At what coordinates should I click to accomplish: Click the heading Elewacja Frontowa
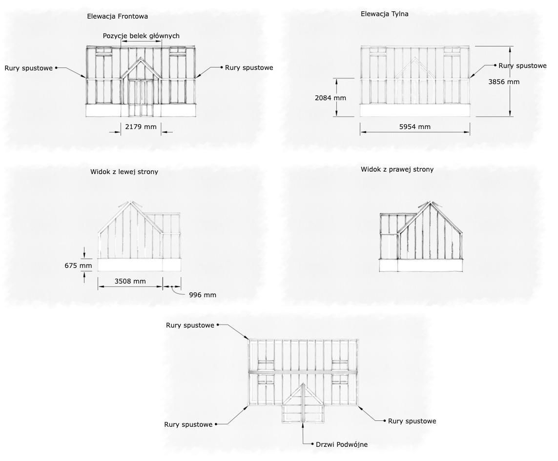tap(117, 16)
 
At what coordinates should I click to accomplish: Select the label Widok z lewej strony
tap(124, 172)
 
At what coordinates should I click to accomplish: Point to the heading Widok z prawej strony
tap(397, 170)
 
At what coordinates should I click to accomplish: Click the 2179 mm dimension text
tap(141, 127)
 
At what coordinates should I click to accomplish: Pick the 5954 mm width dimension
tap(414, 127)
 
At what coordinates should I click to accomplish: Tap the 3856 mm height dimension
tap(504, 82)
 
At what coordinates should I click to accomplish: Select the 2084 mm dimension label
tap(331, 98)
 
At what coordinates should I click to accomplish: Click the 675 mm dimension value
tap(78, 266)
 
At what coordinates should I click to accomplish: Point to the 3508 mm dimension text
tap(130, 281)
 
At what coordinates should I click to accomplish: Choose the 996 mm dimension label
tap(203, 295)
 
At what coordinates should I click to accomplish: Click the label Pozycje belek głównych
tap(141, 36)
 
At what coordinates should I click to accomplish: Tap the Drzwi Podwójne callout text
tap(342, 444)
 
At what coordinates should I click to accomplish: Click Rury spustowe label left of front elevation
tap(29, 68)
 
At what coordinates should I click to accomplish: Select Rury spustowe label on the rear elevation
tap(522, 66)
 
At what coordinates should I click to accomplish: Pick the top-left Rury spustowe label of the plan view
tap(190, 325)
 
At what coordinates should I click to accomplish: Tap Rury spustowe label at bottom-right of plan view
tap(412, 421)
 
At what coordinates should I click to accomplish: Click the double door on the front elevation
tap(141, 98)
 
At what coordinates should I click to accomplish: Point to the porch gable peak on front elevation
tap(141, 58)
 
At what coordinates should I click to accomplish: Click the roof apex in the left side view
tap(130, 201)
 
